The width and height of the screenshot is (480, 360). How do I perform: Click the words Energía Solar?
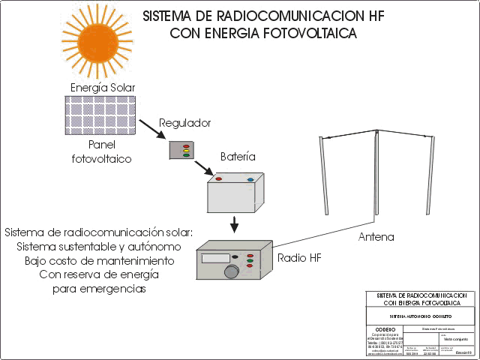tap(103, 87)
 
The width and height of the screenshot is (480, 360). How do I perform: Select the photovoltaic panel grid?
tap(100, 115)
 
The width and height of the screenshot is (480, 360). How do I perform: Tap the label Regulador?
tap(185, 123)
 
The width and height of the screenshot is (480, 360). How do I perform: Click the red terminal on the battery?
tap(218, 179)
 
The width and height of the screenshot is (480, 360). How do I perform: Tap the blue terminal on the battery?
tap(250, 179)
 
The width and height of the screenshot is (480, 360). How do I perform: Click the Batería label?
tap(238, 157)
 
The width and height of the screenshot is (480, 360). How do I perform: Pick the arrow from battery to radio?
tap(235, 223)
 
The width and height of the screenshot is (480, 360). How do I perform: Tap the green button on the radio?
tap(250, 262)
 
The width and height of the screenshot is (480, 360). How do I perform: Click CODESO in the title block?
tap(384, 328)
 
